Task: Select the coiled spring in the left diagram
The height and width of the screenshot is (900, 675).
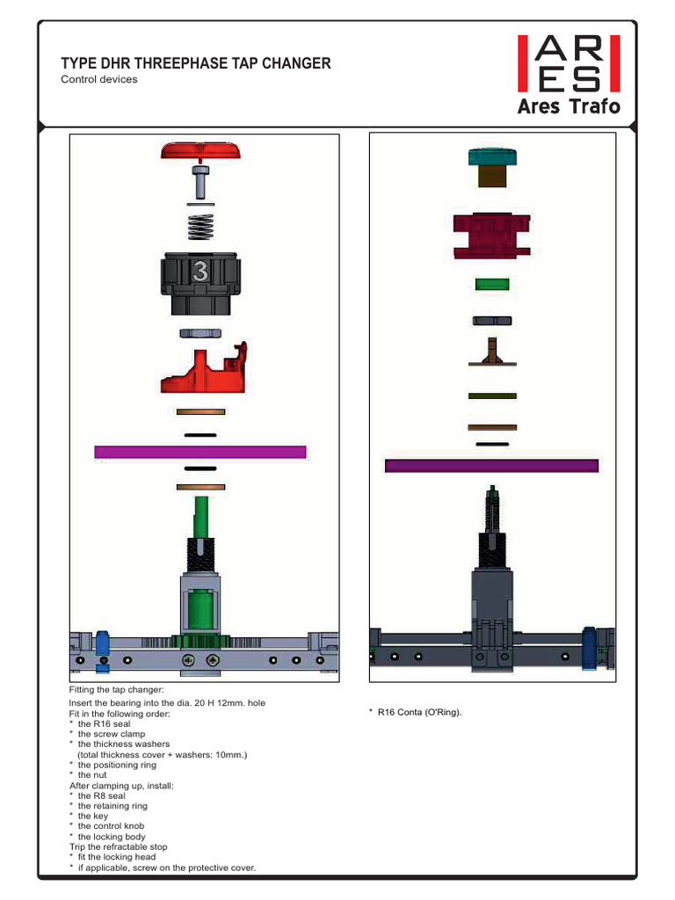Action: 201,226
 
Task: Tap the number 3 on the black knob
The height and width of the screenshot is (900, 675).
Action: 200,272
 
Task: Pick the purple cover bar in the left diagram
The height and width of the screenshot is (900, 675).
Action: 200,452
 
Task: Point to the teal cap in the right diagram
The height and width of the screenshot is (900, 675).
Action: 492,157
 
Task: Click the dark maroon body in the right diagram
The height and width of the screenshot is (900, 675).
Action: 492,236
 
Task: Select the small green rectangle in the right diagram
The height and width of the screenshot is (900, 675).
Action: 492,284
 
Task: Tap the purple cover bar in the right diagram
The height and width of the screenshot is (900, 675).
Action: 492,465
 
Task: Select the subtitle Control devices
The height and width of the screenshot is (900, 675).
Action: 98,79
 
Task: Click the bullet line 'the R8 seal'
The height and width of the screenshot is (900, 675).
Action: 101,795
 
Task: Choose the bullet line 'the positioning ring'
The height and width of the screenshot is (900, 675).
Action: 117,765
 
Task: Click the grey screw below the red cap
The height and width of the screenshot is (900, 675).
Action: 201,184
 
